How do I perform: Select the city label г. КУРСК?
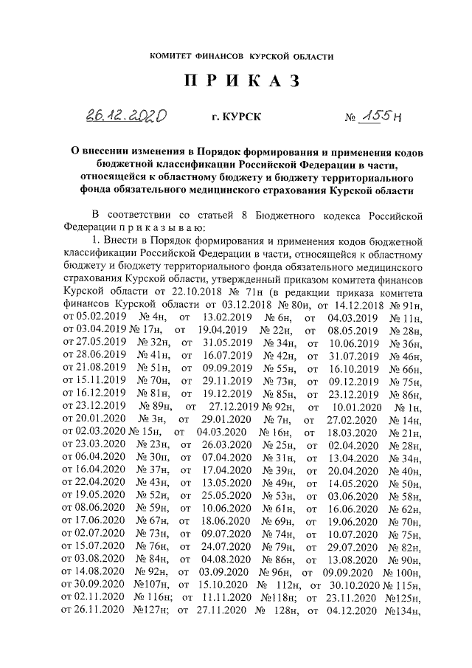pos(235,117)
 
